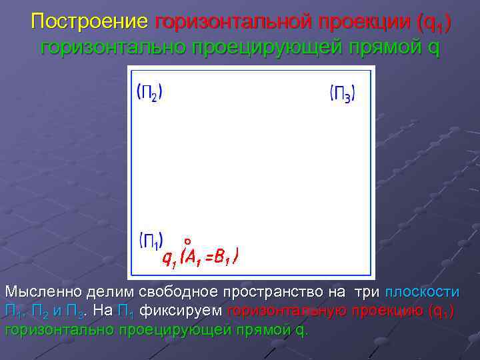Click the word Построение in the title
[x=89, y=22]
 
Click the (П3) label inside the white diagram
[x=342, y=93]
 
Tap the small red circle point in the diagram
[x=188, y=241]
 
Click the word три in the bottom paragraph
[x=365, y=292]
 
